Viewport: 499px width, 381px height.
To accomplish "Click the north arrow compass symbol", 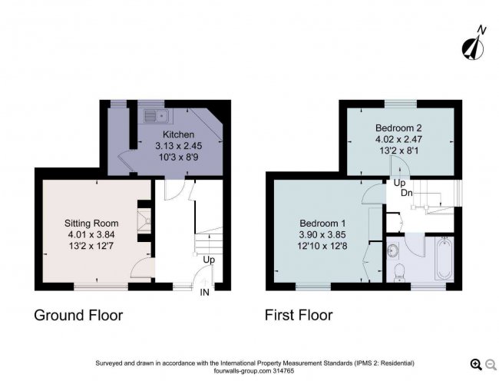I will tap(474, 44).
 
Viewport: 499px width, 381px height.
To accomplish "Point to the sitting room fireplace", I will tap(143, 220).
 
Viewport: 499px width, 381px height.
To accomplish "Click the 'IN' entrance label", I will tap(205, 293).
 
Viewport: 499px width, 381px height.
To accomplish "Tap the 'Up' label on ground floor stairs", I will tap(208, 260).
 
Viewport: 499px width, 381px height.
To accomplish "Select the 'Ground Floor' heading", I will tap(78, 315).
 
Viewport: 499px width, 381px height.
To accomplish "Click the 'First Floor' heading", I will tap(299, 315).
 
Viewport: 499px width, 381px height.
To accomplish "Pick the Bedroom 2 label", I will tap(398, 128).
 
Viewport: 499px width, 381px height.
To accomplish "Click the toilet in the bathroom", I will tap(398, 273).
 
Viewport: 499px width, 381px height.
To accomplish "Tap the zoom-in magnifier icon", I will tap(475, 364).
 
